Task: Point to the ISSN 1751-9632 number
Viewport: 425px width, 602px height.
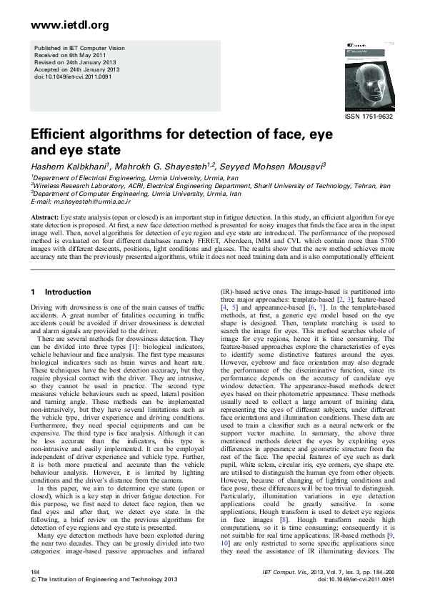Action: (369, 117)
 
